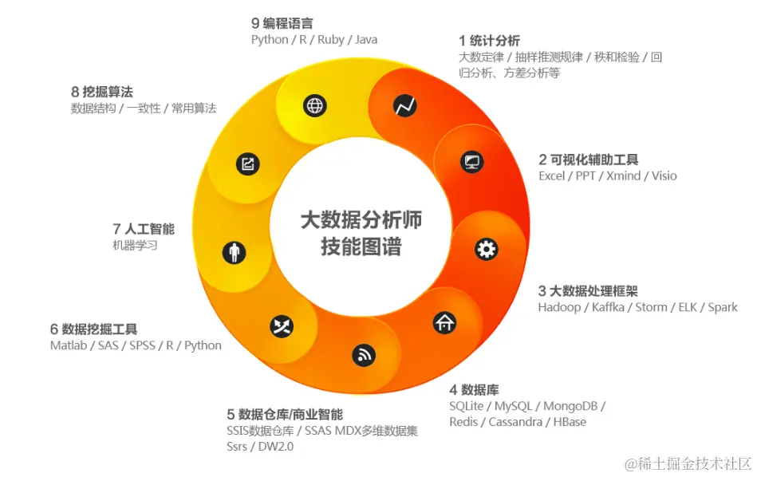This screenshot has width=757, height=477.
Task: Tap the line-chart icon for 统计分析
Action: pos(405,104)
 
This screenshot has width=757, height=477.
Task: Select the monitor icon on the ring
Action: pos(472,162)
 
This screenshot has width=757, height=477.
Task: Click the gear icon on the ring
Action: pos(486,249)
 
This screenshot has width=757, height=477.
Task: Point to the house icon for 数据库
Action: pos(444,322)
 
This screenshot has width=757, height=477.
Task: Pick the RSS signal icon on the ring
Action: pos(364,355)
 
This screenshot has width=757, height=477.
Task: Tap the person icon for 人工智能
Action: pos(234,253)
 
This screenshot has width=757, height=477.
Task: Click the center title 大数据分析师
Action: pos(361,220)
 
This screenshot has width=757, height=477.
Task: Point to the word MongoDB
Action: pos(570,406)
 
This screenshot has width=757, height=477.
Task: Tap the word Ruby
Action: pos(330,39)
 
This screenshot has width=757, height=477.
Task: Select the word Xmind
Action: pos(623,175)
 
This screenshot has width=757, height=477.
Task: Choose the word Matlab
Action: pos(69,345)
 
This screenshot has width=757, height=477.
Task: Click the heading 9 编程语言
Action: pos(282,23)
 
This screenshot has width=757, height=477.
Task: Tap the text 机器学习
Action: pos(135,246)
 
